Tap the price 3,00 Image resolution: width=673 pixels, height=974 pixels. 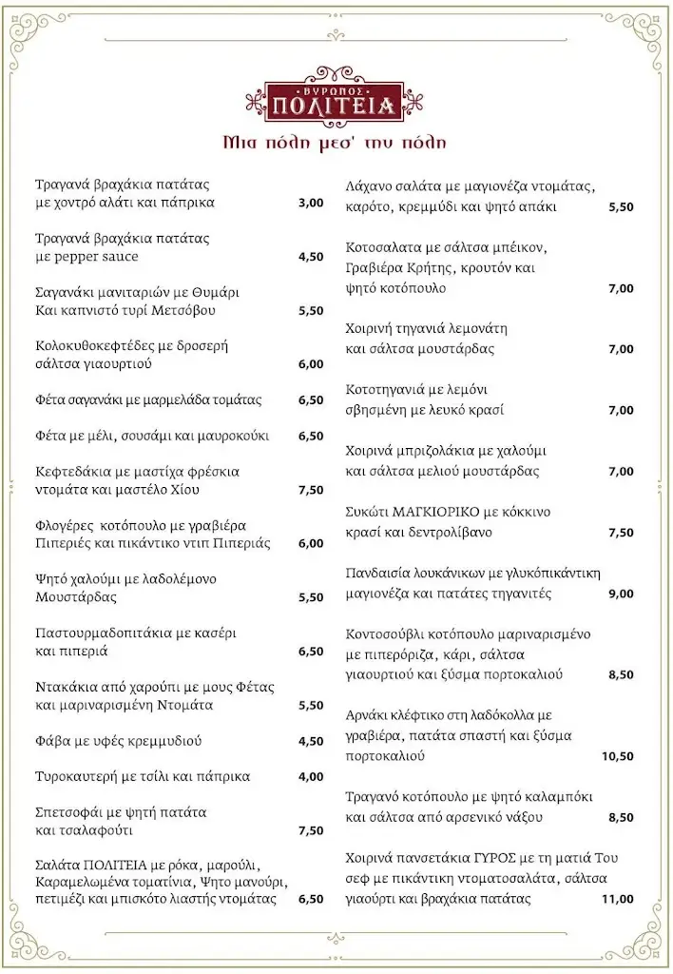[311, 203]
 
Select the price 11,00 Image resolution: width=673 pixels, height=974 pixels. [618, 899]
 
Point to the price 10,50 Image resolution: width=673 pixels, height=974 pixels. [618, 756]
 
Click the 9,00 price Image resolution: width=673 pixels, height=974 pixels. [621, 594]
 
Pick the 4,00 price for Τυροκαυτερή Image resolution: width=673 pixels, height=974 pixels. [311, 776]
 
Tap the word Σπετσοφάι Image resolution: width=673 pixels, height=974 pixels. [70, 812]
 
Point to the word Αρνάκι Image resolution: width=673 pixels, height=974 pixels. [372, 715]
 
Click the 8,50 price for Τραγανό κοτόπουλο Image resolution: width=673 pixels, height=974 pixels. [621, 817]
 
